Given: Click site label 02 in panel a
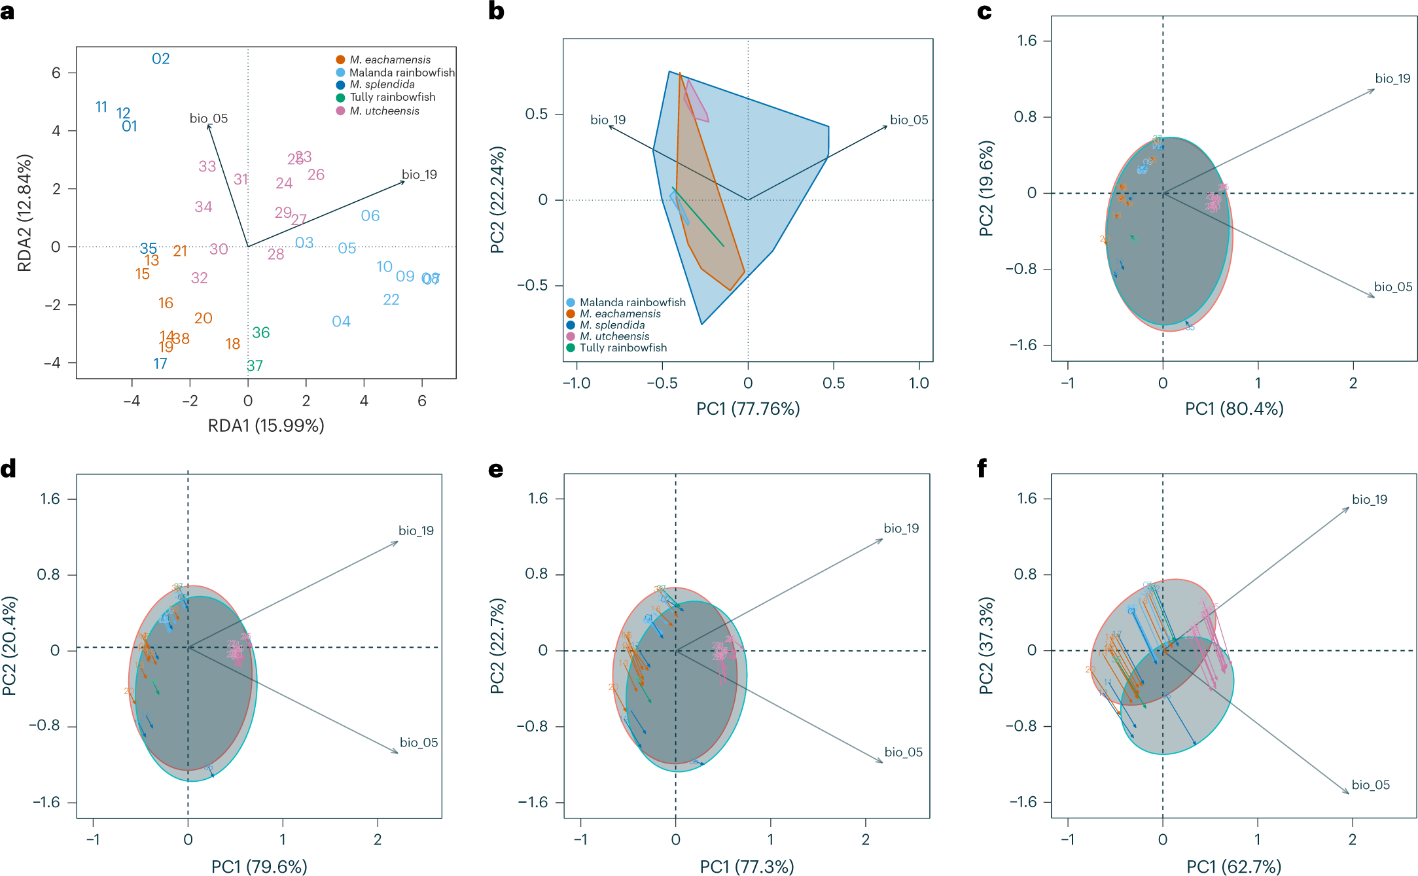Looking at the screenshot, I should coord(160,59).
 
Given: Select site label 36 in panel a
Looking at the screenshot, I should coord(260,333).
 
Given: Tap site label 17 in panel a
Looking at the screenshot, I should coord(160,364).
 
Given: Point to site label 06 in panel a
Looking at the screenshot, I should coord(370,216).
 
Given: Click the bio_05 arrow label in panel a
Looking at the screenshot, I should coord(208,118).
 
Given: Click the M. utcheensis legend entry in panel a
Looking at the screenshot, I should coord(384,111).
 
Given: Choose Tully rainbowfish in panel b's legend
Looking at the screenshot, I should coord(623,348).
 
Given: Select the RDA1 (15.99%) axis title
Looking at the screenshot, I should coord(266,426).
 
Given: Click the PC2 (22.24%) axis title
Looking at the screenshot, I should coord(497,200).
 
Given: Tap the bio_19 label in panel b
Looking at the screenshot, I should coord(608,120).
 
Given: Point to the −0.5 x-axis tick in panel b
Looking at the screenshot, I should coord(662,383).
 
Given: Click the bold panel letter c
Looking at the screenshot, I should coord(984,12).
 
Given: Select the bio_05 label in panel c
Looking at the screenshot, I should coord(1392,287).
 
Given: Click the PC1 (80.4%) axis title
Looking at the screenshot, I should coord(1234,409).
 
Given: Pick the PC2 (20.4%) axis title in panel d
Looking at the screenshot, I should coord(9,646).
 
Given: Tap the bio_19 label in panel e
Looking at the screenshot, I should coord(901,529).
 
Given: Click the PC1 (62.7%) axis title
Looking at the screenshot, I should coord(1234,867).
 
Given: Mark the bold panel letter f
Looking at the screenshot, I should coord(982,468).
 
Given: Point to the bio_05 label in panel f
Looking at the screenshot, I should coord(1370,785).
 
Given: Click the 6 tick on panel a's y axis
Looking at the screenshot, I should coord(56,73).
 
